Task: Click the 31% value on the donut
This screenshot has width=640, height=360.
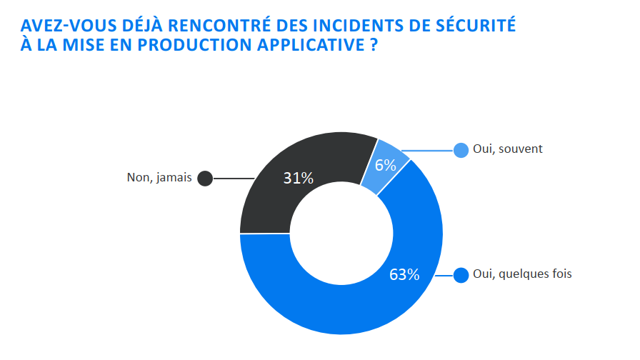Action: (x=298, y=178)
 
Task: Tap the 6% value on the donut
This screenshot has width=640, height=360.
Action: (x=385, y=165)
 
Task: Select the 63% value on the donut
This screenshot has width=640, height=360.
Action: (x=404, y=274)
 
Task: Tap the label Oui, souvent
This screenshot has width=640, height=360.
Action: (x=508, y=149)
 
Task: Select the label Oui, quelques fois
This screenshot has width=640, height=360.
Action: (x=522, y=274)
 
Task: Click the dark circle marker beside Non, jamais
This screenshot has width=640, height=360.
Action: (x=205, y=179)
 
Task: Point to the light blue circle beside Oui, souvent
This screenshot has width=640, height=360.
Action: (x=461, y=150)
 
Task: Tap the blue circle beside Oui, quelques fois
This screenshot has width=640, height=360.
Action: (x=461, y=274)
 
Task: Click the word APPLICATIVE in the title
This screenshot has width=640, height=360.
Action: (x=310, y=45)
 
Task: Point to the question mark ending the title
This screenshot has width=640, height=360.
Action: (x=374, y=45)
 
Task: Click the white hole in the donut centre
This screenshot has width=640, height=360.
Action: (x=341, y=233)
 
